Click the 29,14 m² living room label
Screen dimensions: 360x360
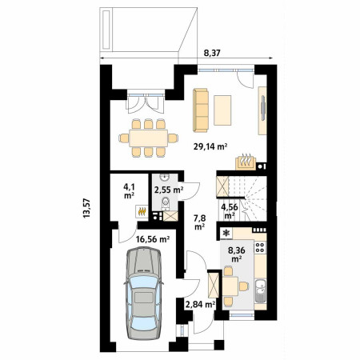click(x=210, y=146)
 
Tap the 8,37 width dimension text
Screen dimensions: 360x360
click(x=212, y=54)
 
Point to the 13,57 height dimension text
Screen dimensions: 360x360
click(x=87, y=208)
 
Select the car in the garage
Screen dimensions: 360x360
click(x=144, y=293)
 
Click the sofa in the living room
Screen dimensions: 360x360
click(x=201, y=110)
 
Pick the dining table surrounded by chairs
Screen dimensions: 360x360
click(x=148, y=138)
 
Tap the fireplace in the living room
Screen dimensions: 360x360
click(x=246, y=162)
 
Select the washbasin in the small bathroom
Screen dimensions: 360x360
click(x=165, y=177)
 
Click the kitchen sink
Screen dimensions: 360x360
click(x=261, y=290)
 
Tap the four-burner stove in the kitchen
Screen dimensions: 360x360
click(x=260, y=247)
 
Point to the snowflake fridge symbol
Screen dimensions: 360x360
click(x=226, y=234)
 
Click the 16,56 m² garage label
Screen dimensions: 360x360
click(x=153, y=239)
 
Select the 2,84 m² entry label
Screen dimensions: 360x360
click(x=201, y=304)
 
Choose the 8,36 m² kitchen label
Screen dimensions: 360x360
click(x=237, y=254)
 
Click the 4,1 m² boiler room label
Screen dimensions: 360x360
click(x=129, y=191)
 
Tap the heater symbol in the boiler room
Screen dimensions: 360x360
click(x=142, y=211)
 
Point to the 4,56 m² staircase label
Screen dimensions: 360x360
click(x=230, y=210)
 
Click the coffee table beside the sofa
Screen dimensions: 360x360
click(x=222, y=110)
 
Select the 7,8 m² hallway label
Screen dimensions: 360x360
click(x=199, y=222)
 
